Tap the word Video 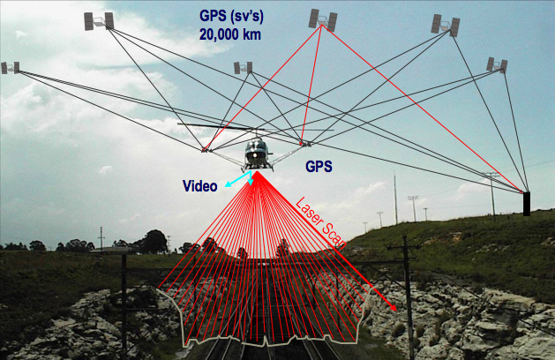pyautogui.click(x=199, y=186)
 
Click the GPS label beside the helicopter pyautogui.click(x=319, y=165)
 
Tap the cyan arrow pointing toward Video pyautogui.click(x=236, y=180)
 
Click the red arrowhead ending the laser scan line pyautogui.click(x=391, y=310)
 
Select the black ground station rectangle pyautogui.click(x=527, y=203)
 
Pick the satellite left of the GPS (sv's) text pyautogui.click(x=98, y=20)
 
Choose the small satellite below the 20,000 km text pyautogui.click(x=243, y=67)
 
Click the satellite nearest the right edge pyautogui.click(x=497, y=64)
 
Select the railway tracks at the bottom pyautogui.click(x=256, y=349)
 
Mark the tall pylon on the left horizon pyautogui.click(x=101, y=237)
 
